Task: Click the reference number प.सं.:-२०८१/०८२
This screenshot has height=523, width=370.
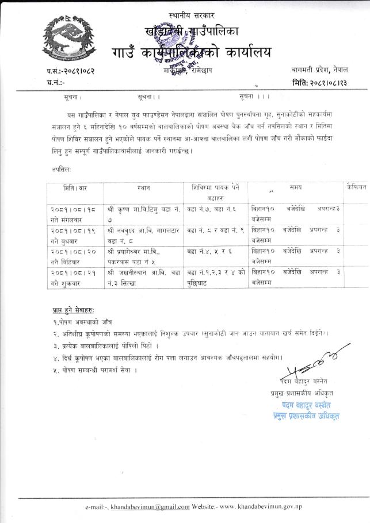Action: pos(72,72)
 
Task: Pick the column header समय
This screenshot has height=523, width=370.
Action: pos(296,187)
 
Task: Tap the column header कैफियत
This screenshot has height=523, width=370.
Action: pos(356,187)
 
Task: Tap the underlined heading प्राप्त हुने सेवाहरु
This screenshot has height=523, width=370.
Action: pos(72,310)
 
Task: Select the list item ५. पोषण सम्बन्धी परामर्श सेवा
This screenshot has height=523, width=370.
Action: pos(91,370)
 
